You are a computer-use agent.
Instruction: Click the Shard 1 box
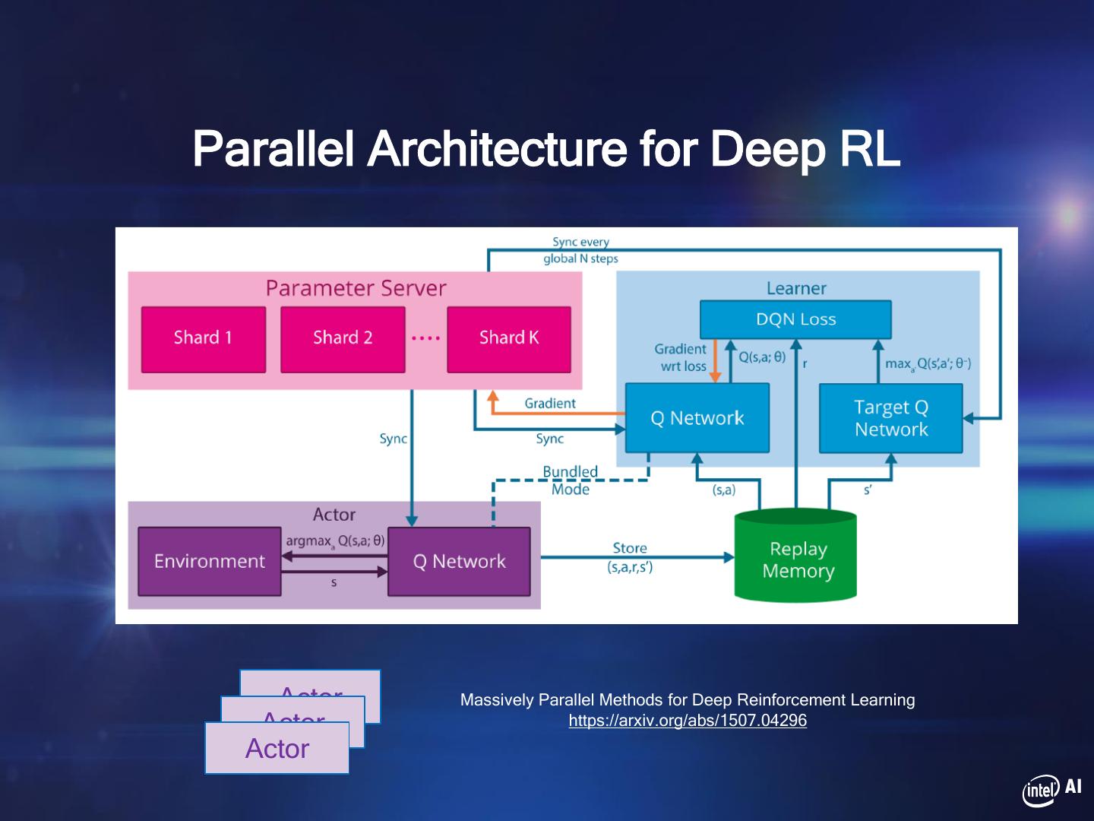pos(204,339)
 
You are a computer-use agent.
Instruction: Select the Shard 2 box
pos(343,339)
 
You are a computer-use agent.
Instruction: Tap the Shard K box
pos(509,339)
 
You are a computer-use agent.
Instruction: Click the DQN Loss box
pos(795,319)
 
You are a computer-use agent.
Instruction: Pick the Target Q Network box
pos(891,418)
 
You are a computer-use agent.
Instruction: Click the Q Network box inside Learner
pos(697,418)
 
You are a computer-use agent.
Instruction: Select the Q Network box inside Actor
pos(459,561)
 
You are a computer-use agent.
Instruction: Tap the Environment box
pos(210,561)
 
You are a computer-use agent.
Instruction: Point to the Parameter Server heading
pos(356,288)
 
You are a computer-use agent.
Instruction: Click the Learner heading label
pos(796,288)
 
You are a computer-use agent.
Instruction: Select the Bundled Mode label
pos(571,480)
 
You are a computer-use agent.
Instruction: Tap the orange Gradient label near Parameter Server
pos(550,404)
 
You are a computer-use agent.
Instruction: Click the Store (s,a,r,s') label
pos(630,557)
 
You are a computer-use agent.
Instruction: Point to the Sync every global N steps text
pos(581,250)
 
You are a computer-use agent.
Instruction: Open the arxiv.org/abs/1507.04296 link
pos(688,721)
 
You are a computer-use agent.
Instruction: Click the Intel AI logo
pos(1051,790)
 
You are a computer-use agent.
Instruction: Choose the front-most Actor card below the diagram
pos(277,749)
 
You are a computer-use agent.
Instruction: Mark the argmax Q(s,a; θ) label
pos(335,541)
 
